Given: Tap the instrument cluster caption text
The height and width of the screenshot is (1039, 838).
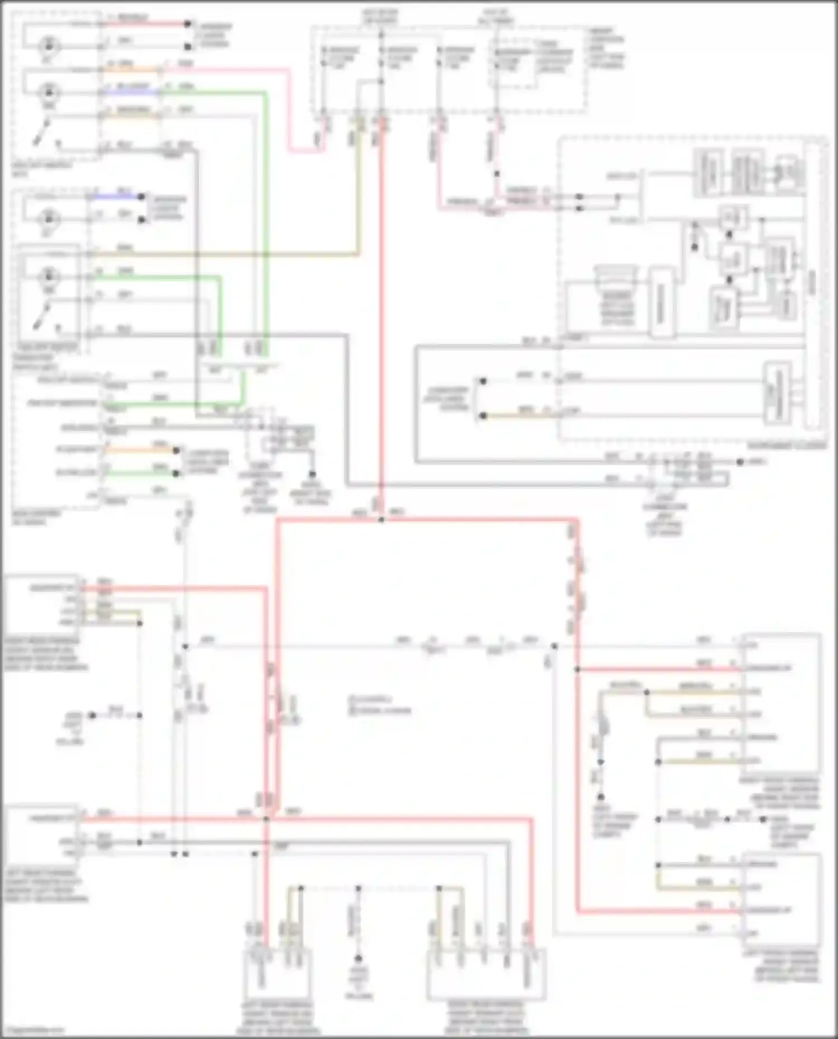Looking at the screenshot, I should point(787,446).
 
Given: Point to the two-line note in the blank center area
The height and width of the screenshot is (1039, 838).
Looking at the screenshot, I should point(380,705).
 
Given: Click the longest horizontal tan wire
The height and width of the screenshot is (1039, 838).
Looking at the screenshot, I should point(223,255).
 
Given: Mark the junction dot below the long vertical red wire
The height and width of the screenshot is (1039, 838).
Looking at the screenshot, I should point(381,520).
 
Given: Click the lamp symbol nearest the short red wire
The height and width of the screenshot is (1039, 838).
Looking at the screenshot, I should point(49,45).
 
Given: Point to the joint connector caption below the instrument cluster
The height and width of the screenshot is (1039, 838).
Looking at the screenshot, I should point(664,514).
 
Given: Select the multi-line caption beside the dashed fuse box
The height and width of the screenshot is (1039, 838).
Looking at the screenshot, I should point(606,47).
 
